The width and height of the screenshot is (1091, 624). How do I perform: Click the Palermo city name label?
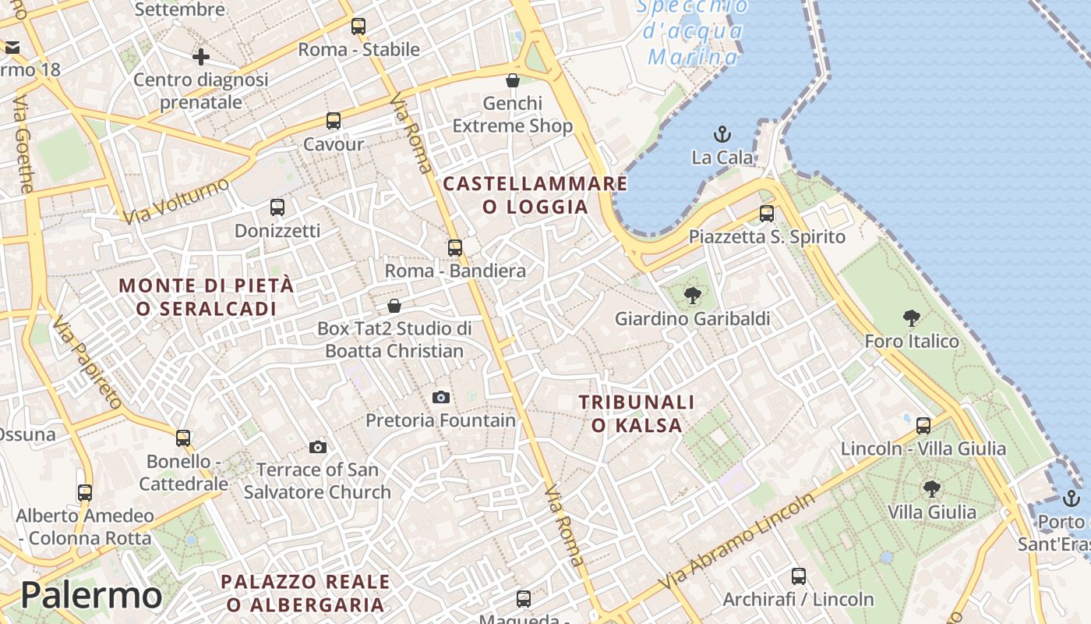[91, 596]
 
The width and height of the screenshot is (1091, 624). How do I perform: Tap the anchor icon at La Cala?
[722, 134]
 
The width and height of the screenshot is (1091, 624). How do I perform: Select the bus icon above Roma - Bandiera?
[455, 248]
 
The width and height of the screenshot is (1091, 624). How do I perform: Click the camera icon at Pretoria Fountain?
[441, 398]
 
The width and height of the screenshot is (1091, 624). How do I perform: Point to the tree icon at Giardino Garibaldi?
[692, 296]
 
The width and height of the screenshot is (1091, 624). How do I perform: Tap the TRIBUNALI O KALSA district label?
[637, 413]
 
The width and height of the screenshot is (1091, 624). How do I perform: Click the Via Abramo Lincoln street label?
[736, 541]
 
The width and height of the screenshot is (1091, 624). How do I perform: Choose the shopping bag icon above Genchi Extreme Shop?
[513, 80]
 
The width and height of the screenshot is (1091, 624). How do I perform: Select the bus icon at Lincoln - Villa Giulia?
[923, 426]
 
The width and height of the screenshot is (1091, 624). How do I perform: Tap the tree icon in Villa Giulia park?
[931, 489]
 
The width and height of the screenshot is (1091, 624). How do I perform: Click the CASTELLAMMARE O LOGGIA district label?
[535, 195]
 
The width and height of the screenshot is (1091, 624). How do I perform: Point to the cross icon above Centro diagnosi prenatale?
[201, 57]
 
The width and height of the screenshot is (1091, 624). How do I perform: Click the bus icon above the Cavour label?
[334, 121]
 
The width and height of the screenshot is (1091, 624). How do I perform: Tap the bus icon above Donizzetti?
[277, 207]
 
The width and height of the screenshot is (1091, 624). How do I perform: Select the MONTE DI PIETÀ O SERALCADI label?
[207, 296]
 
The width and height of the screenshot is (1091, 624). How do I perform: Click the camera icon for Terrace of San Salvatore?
[317, 447]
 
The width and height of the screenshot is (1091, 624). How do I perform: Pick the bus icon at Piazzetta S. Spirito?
[767, 214]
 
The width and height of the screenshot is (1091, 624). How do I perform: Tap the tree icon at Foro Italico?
[911, 318]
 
